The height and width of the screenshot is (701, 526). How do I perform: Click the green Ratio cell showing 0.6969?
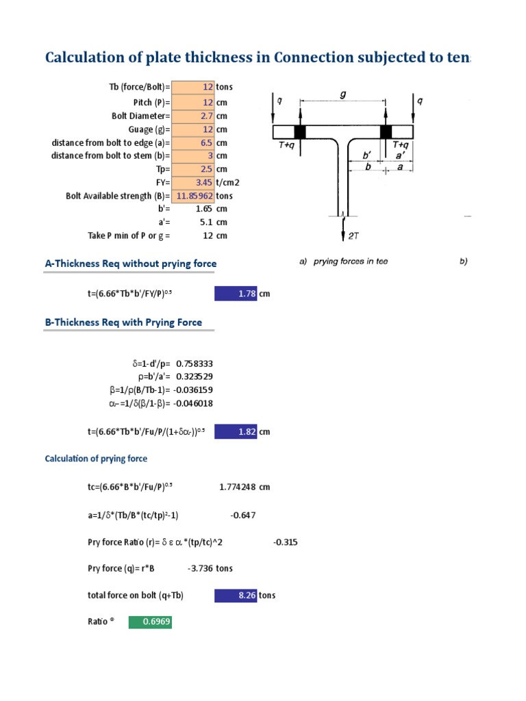[x=150, y=622]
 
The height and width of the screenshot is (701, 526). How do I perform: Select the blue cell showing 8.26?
[x=236, y=596]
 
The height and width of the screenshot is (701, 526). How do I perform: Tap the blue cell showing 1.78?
[x=236, y=294]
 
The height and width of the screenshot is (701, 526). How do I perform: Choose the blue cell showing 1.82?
[x=236, y=432]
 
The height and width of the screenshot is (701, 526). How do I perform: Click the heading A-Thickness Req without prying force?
[x=130, y=264]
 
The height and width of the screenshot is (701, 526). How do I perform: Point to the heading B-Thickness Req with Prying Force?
[x=123, y=322]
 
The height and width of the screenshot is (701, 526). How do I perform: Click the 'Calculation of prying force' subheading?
[x=96, y=459]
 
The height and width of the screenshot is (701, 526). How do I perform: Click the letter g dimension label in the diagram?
[x=342, y=95]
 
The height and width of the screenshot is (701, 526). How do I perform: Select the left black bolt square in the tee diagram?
[x=299, y=131]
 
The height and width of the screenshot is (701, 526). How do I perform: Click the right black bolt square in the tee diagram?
[x=386, y=131]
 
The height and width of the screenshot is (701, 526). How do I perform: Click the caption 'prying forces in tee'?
[x=351, y=262]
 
